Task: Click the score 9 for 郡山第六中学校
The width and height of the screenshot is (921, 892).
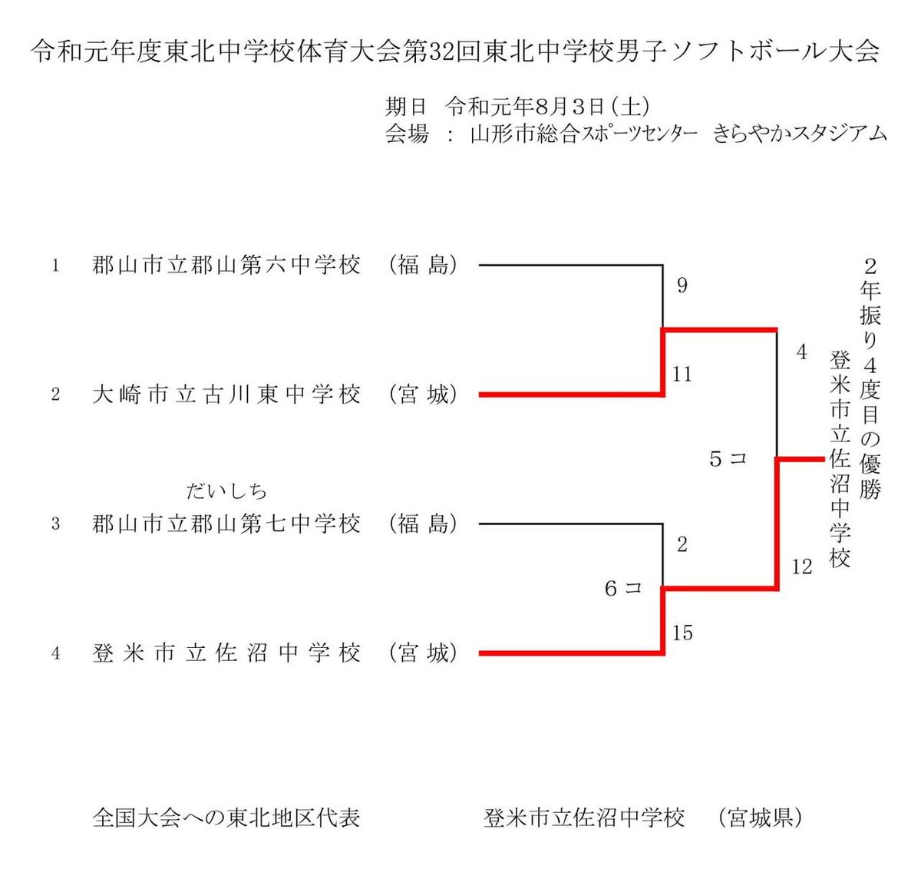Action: point(682,286)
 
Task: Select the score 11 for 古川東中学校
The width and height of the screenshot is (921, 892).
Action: point(682,375)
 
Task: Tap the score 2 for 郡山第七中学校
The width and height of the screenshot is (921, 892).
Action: point(682,545)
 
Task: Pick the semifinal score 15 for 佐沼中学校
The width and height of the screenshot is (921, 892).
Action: point(682,633)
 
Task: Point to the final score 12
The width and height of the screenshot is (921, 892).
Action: point(801,567)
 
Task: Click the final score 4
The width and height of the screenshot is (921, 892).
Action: point(801,352)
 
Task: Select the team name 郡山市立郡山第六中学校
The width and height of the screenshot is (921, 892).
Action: point(226,266)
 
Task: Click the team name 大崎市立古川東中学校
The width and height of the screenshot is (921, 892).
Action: point(226,395)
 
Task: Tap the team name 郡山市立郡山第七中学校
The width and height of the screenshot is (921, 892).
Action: point(226,524)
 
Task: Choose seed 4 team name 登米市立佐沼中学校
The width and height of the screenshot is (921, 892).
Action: point(226,653)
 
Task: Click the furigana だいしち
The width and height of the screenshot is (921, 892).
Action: point(226,491)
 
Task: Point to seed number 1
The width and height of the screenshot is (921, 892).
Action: point(55,266)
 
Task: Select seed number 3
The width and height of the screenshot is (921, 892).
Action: point(55,524)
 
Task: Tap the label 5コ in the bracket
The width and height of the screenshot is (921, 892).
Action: point(728,459)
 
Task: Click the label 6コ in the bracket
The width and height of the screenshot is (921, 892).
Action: point(622,589)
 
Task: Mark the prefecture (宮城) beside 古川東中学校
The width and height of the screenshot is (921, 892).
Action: point(423,395)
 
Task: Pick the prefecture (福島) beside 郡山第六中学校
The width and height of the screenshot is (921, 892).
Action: point(423,266)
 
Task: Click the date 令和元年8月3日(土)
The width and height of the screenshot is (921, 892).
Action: point(548,107)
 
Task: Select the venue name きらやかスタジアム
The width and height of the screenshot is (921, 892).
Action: point(800,134)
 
